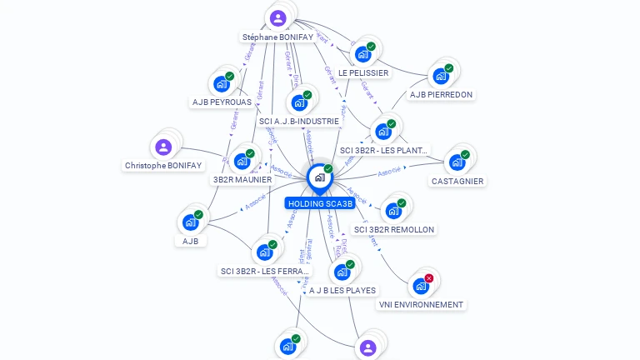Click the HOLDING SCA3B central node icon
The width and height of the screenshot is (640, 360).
click(319, 177)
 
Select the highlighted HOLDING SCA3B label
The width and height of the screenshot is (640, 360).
click(320, 203)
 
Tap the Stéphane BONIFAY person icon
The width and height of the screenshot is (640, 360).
click(277, 17)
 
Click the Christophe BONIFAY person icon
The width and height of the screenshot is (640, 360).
click(163, 147)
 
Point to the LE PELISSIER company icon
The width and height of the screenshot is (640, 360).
click(362, 55)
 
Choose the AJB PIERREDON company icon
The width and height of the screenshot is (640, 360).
click(441, 77)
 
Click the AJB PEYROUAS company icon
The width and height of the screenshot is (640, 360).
click(221, 84)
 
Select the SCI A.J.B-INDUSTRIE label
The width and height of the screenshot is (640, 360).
click(299, 121)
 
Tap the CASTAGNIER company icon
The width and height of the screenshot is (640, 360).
click(457, 162)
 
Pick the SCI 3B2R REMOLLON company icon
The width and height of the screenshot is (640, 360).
click(393, 211)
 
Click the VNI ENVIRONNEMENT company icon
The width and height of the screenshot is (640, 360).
click(421, 287)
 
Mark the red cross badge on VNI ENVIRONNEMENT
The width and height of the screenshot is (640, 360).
click(429, 278)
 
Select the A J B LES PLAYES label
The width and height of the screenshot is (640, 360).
click(342, 290)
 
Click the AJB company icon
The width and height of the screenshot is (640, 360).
click(190, 222)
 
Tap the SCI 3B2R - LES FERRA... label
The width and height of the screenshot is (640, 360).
click(264, 271)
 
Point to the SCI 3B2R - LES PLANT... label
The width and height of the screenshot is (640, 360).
click(384, 151)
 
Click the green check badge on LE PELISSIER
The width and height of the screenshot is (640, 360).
click(371, 47)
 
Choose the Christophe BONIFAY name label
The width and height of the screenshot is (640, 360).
click(163, 166)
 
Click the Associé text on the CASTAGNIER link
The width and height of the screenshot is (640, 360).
click(389, 172)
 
